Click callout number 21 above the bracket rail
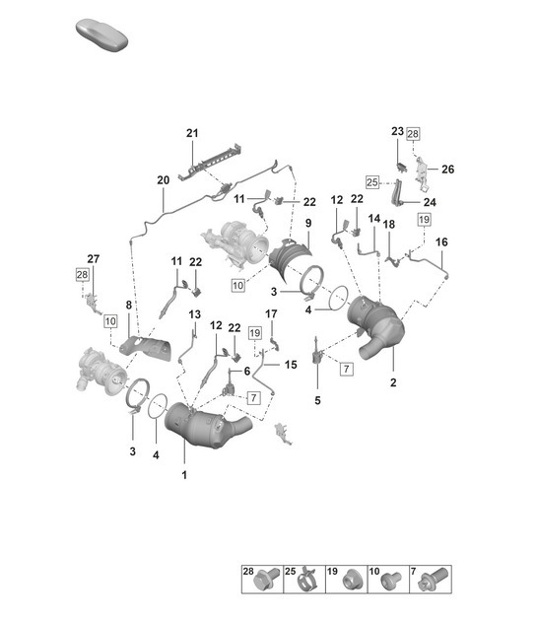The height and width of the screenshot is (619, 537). click(192, 133)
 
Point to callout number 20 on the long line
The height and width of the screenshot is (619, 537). click(163, 180)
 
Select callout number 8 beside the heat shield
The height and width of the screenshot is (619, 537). click(127, 306)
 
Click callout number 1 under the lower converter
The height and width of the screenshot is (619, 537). click(184, 475)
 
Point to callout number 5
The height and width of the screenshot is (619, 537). click(317, 400)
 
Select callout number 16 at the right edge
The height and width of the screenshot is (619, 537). click(440, 241)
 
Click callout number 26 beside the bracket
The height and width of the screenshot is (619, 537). click(447, 169)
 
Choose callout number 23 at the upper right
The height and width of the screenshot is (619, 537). click(396, 131)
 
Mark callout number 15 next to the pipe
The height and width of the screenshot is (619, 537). click(291, 365)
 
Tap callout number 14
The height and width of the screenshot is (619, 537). click(374, 218)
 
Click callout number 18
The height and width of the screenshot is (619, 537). click(389, 225)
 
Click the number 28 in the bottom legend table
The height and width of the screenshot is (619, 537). click(249, 571)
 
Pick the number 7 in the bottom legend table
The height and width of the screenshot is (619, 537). click(429, 571)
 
